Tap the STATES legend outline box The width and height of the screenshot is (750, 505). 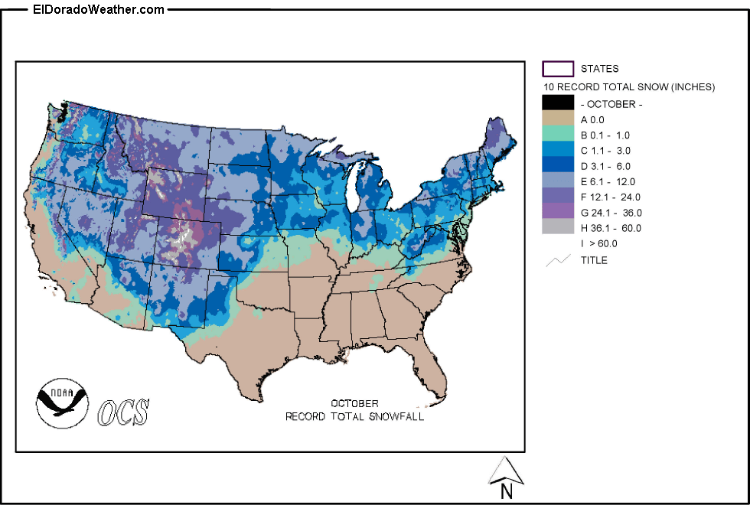(558, 69)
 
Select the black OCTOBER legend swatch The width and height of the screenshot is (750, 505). (558, 103)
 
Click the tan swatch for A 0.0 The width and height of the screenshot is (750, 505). (558, 119)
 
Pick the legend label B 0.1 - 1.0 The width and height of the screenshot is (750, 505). (610, 135)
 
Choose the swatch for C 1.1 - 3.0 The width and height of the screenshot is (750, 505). (558, 150)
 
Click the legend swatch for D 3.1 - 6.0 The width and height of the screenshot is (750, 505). (558, 165)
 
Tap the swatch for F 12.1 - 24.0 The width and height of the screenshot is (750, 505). (558, 197)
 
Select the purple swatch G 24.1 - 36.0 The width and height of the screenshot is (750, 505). (558, 212)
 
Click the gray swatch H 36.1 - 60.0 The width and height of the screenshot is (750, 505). (558, 227)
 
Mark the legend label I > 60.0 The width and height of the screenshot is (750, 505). (598, 243)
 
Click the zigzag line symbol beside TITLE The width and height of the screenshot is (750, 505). (558, 260)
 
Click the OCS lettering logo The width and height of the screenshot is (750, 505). (123, 412)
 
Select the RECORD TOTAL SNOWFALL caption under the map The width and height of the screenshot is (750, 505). (354, 417)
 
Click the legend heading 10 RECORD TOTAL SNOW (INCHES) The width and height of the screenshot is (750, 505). (628, 87)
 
